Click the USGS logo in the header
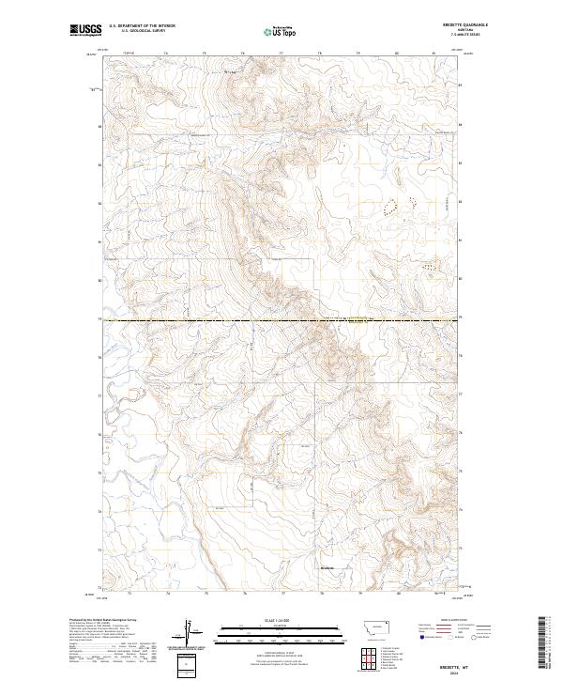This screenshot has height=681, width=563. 85,30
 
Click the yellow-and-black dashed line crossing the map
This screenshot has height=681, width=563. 281,321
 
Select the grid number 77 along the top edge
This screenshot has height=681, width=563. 281,54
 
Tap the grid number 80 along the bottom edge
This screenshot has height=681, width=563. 398,595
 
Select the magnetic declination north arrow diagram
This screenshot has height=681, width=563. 188,631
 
